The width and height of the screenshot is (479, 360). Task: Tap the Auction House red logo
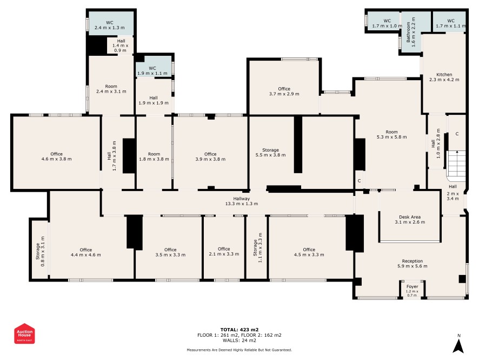(x=24, y=333)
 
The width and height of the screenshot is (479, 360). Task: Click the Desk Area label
(x=410, y=220)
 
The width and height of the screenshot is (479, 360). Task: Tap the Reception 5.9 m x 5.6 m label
(x=413, y=264)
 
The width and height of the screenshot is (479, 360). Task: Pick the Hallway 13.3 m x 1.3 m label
(x=241, y=201)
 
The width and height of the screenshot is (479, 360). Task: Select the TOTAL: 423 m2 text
(x=239, y=330)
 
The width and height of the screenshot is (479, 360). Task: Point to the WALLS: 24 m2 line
(x=239, y=341)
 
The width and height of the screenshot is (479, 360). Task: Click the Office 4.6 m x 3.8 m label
(x=57, y=156)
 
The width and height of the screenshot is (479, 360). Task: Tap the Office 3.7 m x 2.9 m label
(x=284, y=91)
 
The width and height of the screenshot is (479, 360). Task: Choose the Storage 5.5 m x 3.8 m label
(x=270, y=153)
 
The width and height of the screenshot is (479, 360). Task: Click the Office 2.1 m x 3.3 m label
(x=224, y=251)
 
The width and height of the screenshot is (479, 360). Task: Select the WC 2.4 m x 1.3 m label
(x=109, y=25)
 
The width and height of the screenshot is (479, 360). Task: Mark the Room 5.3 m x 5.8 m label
(x=391, y=135)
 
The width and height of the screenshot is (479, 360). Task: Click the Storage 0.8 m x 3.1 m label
(x=40, y=251)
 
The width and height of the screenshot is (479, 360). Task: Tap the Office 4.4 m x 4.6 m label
(x=86, y=252)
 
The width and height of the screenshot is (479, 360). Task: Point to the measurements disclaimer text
(x=239, y=350)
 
